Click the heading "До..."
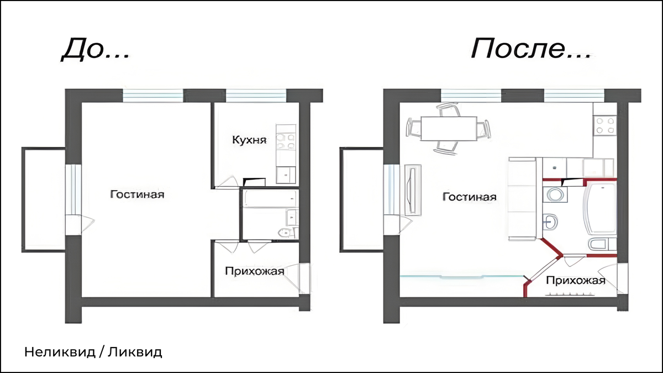click(x=95, y=50)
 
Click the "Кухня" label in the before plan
click(x=249, y=140)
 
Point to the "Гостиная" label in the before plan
click(x=137, y=195)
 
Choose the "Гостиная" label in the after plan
click(x=469, y=197)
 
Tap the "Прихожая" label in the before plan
click(x=254, y=271)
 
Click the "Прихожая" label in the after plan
click(x=575, y=280)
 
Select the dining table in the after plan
click(x=448, y=128)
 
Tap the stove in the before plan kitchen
click(x=286, y=141)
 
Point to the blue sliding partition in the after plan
click(x=461, y=276)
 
